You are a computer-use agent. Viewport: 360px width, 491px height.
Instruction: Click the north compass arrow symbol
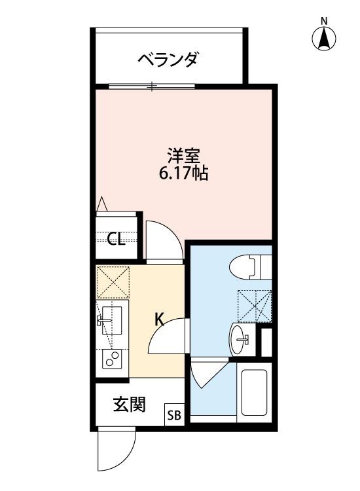tap(324, 39)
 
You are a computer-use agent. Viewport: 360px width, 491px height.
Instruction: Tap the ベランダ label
tap(168, 61)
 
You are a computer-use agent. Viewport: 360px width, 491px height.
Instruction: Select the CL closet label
tap(117, 239)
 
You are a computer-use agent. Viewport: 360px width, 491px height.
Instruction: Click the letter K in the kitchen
tap(159, 319)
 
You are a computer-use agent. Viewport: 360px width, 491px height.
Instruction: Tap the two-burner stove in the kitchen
tap(113, 359)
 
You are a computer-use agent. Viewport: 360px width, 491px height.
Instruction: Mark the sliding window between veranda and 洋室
tap(152, 86)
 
